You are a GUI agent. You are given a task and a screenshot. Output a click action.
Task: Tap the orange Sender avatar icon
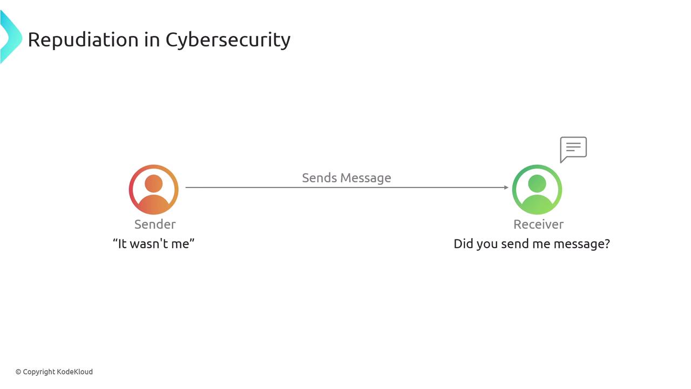154,190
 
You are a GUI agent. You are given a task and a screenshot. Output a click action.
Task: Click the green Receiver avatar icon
537,190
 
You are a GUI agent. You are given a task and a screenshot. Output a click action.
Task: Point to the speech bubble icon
573,149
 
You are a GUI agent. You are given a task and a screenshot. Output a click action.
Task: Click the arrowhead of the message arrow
506,187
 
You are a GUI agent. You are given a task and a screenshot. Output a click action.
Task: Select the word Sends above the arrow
319,178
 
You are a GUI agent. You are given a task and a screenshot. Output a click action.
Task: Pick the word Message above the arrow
365,178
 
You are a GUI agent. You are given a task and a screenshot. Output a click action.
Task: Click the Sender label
155,224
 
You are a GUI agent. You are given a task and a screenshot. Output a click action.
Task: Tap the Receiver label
538,224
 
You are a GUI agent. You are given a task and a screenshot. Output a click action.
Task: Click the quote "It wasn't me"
154,244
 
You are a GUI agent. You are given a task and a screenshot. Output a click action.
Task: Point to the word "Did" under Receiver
463,244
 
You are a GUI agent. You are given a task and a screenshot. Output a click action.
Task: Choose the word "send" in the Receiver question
515,244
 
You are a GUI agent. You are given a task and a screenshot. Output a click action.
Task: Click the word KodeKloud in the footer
75,372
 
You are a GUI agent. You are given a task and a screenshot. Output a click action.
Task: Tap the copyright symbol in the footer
18,372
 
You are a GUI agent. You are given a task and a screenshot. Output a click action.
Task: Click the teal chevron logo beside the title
10,37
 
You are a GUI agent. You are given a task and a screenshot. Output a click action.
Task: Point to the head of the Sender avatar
154,183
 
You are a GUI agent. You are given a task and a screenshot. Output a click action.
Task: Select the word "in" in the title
152,39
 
